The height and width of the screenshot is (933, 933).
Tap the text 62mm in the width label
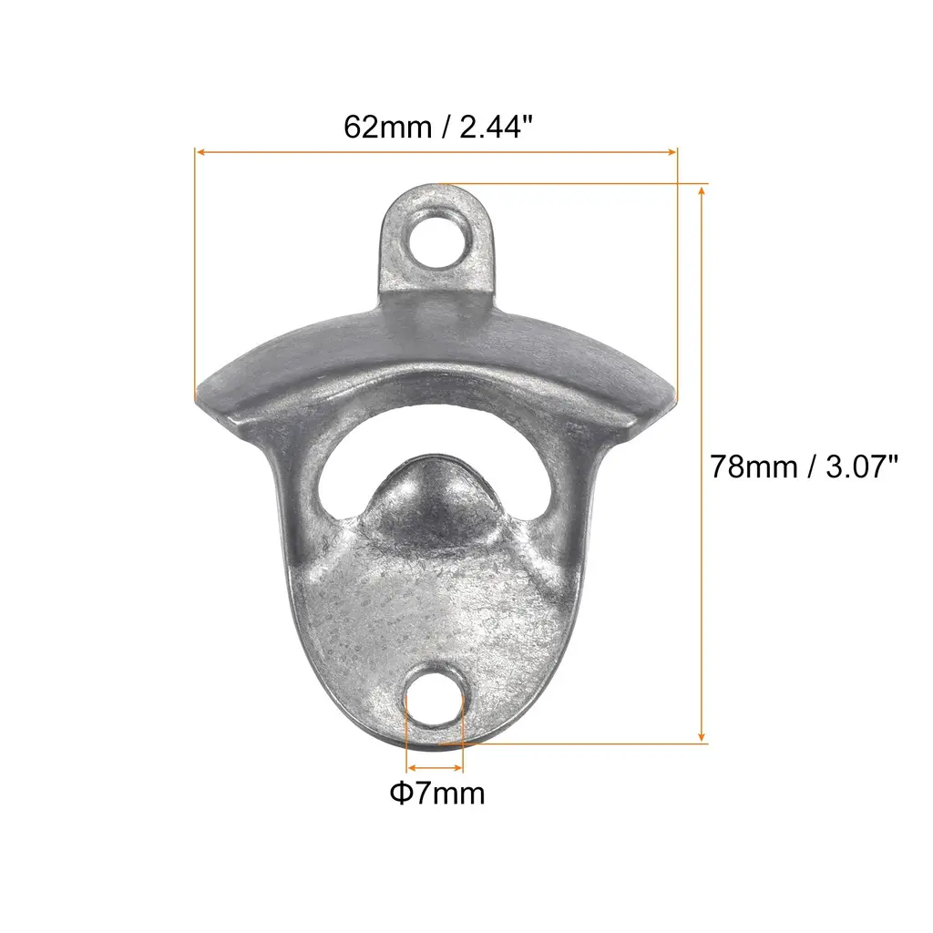point(387,127)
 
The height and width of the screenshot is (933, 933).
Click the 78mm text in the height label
point(754,466)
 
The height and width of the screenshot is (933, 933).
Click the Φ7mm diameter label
point(437,794)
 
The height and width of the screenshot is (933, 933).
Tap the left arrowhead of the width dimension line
point(200,152)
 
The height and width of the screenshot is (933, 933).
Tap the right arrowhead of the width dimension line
point(672,152)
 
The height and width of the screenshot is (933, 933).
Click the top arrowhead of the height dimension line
point(702,190)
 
